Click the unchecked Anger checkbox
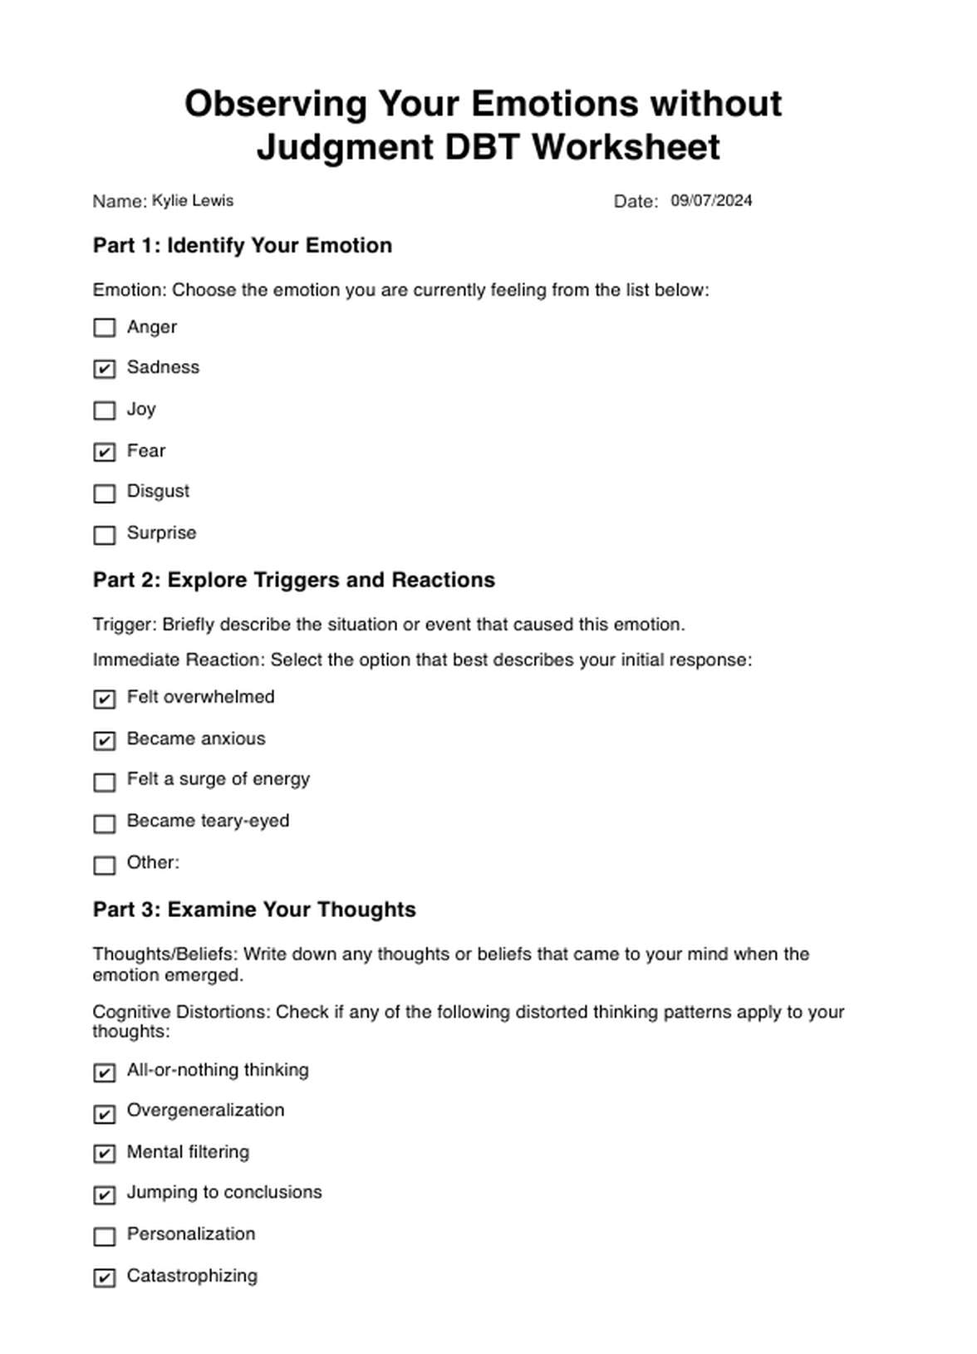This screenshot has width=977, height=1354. tap(105, 328)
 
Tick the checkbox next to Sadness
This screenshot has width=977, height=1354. tap(105, 369)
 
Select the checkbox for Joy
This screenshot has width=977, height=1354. tap(105, 410)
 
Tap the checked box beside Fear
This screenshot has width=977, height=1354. tap(105, 452)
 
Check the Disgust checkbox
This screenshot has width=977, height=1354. tap(105, 493)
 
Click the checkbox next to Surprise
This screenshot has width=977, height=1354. tap(105, 535)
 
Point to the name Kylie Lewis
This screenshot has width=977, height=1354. tap(193, 201)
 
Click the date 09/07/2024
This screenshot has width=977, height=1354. tap(711, 201)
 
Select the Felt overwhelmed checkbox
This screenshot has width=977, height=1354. tap(105, 699)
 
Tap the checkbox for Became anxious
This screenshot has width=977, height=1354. tap(105, 740)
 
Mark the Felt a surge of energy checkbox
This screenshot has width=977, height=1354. tap(105, 782)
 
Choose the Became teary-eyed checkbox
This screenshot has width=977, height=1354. tap(105, 823)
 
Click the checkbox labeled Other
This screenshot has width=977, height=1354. tap(105, 865)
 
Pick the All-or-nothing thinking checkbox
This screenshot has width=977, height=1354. tap(105, 1072)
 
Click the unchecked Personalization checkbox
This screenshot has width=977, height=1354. tap(105, 1237)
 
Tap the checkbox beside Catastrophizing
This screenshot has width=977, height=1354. tap(105, 1278)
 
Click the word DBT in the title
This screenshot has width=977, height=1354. tap(482, 148)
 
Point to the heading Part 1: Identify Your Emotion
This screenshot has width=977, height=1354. tap(243, 246)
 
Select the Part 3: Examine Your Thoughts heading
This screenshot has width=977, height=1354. tap(254, 910)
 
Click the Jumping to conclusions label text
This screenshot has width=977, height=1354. tap(224, 1193)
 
